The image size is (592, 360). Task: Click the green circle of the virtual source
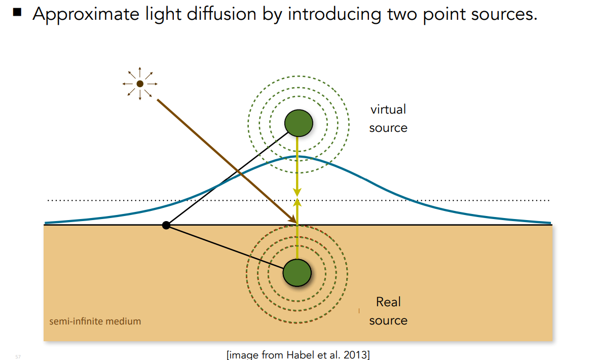299,123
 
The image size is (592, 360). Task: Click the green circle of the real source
297,273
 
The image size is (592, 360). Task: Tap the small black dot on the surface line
166,225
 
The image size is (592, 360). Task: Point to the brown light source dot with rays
140,84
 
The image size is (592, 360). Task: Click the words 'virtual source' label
388,119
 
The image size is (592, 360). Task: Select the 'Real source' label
388,311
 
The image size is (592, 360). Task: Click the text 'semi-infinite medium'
95,321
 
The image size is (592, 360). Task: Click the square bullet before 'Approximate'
18,12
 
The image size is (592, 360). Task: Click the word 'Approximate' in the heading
79,14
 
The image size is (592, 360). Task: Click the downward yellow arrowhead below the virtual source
298,192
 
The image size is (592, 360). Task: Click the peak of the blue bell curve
298,156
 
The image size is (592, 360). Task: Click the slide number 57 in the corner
18,357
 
